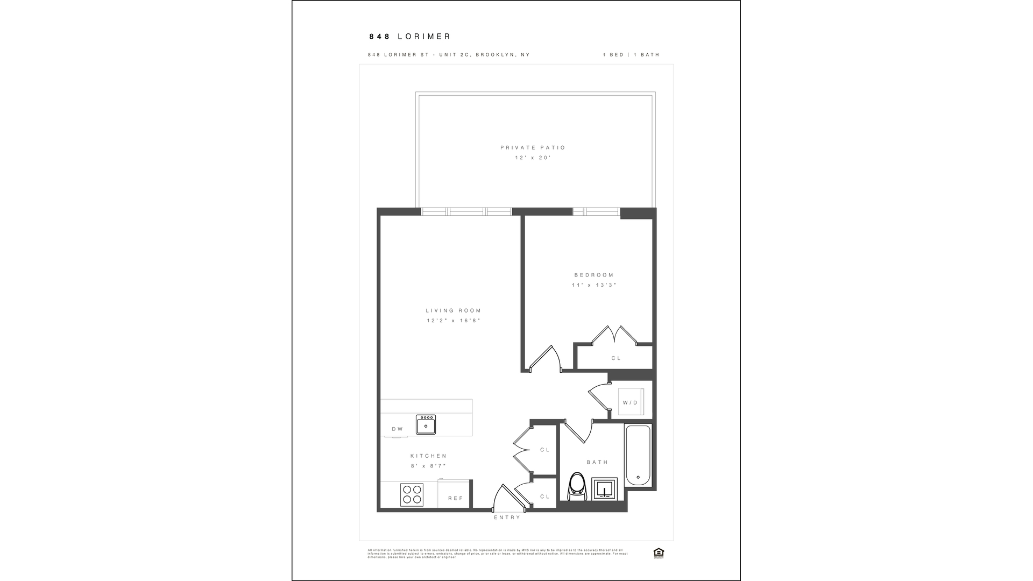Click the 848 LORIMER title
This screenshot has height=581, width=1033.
pyautogui.click(x=409, y=37)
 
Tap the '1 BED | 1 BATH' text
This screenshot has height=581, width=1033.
pyautogui.click(x=631, y=55)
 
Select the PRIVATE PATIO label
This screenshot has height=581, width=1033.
pyautogui.click(x=533, y=147)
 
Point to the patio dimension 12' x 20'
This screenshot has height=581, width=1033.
pyautogui.click(x=533, y=158)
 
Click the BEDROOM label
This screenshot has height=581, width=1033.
pyautogui.click(x=594, y=275)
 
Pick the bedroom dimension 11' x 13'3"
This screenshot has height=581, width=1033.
pyautogui.click(x=594, y=285)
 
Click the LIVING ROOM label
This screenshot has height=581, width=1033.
pyautogui.click(x=454, y=310)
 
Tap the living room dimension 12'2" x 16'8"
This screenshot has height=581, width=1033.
pyautogui.click(x=454, y=321)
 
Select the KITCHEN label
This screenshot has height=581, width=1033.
pyautogui.click(x=429, y=456)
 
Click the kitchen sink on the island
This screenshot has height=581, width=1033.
pyautogui.click(x=426, y=424)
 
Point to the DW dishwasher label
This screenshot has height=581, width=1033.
pyautogui.click(x=397, y=429)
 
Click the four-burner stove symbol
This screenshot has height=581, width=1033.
pyautogui.click(x=412, y=495)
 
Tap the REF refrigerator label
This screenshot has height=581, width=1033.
pyautogui.click(x=455, y=498)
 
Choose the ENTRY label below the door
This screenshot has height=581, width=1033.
pyautogui.click(x=507, y=518)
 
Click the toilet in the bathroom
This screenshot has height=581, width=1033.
pyautogui.click(x=577, y=486)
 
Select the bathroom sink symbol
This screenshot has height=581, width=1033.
pyautogui.click(x=605, y=489)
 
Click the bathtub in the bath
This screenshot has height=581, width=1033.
pyautogui.click(x=638, y=455)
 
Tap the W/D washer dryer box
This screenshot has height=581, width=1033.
pyautogui.click(x=630, y=402)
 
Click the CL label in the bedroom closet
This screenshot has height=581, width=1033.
pyautogui.click(x=616, y=358)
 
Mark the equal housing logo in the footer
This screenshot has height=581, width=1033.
pyautogui.click(x=658, y=552)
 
